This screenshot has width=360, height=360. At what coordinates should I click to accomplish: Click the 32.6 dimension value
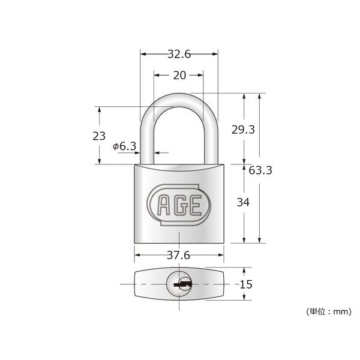(x=179, y=54)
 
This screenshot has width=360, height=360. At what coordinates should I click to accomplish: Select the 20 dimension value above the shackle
(x=179, y=76)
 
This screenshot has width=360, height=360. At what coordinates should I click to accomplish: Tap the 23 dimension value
(x=99, y=136)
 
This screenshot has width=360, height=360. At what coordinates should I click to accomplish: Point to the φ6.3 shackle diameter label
(x=124, y=146)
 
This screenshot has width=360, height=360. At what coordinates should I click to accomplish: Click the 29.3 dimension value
(x=243, y=130)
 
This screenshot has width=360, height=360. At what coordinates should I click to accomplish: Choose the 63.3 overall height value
(x=260, y=170)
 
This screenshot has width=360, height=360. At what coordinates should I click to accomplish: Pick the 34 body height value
(x=243, y=202)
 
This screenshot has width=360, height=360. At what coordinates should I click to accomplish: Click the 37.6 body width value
(x=179, y=256)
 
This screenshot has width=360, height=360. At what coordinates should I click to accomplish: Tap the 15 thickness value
(x=246, y=284)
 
